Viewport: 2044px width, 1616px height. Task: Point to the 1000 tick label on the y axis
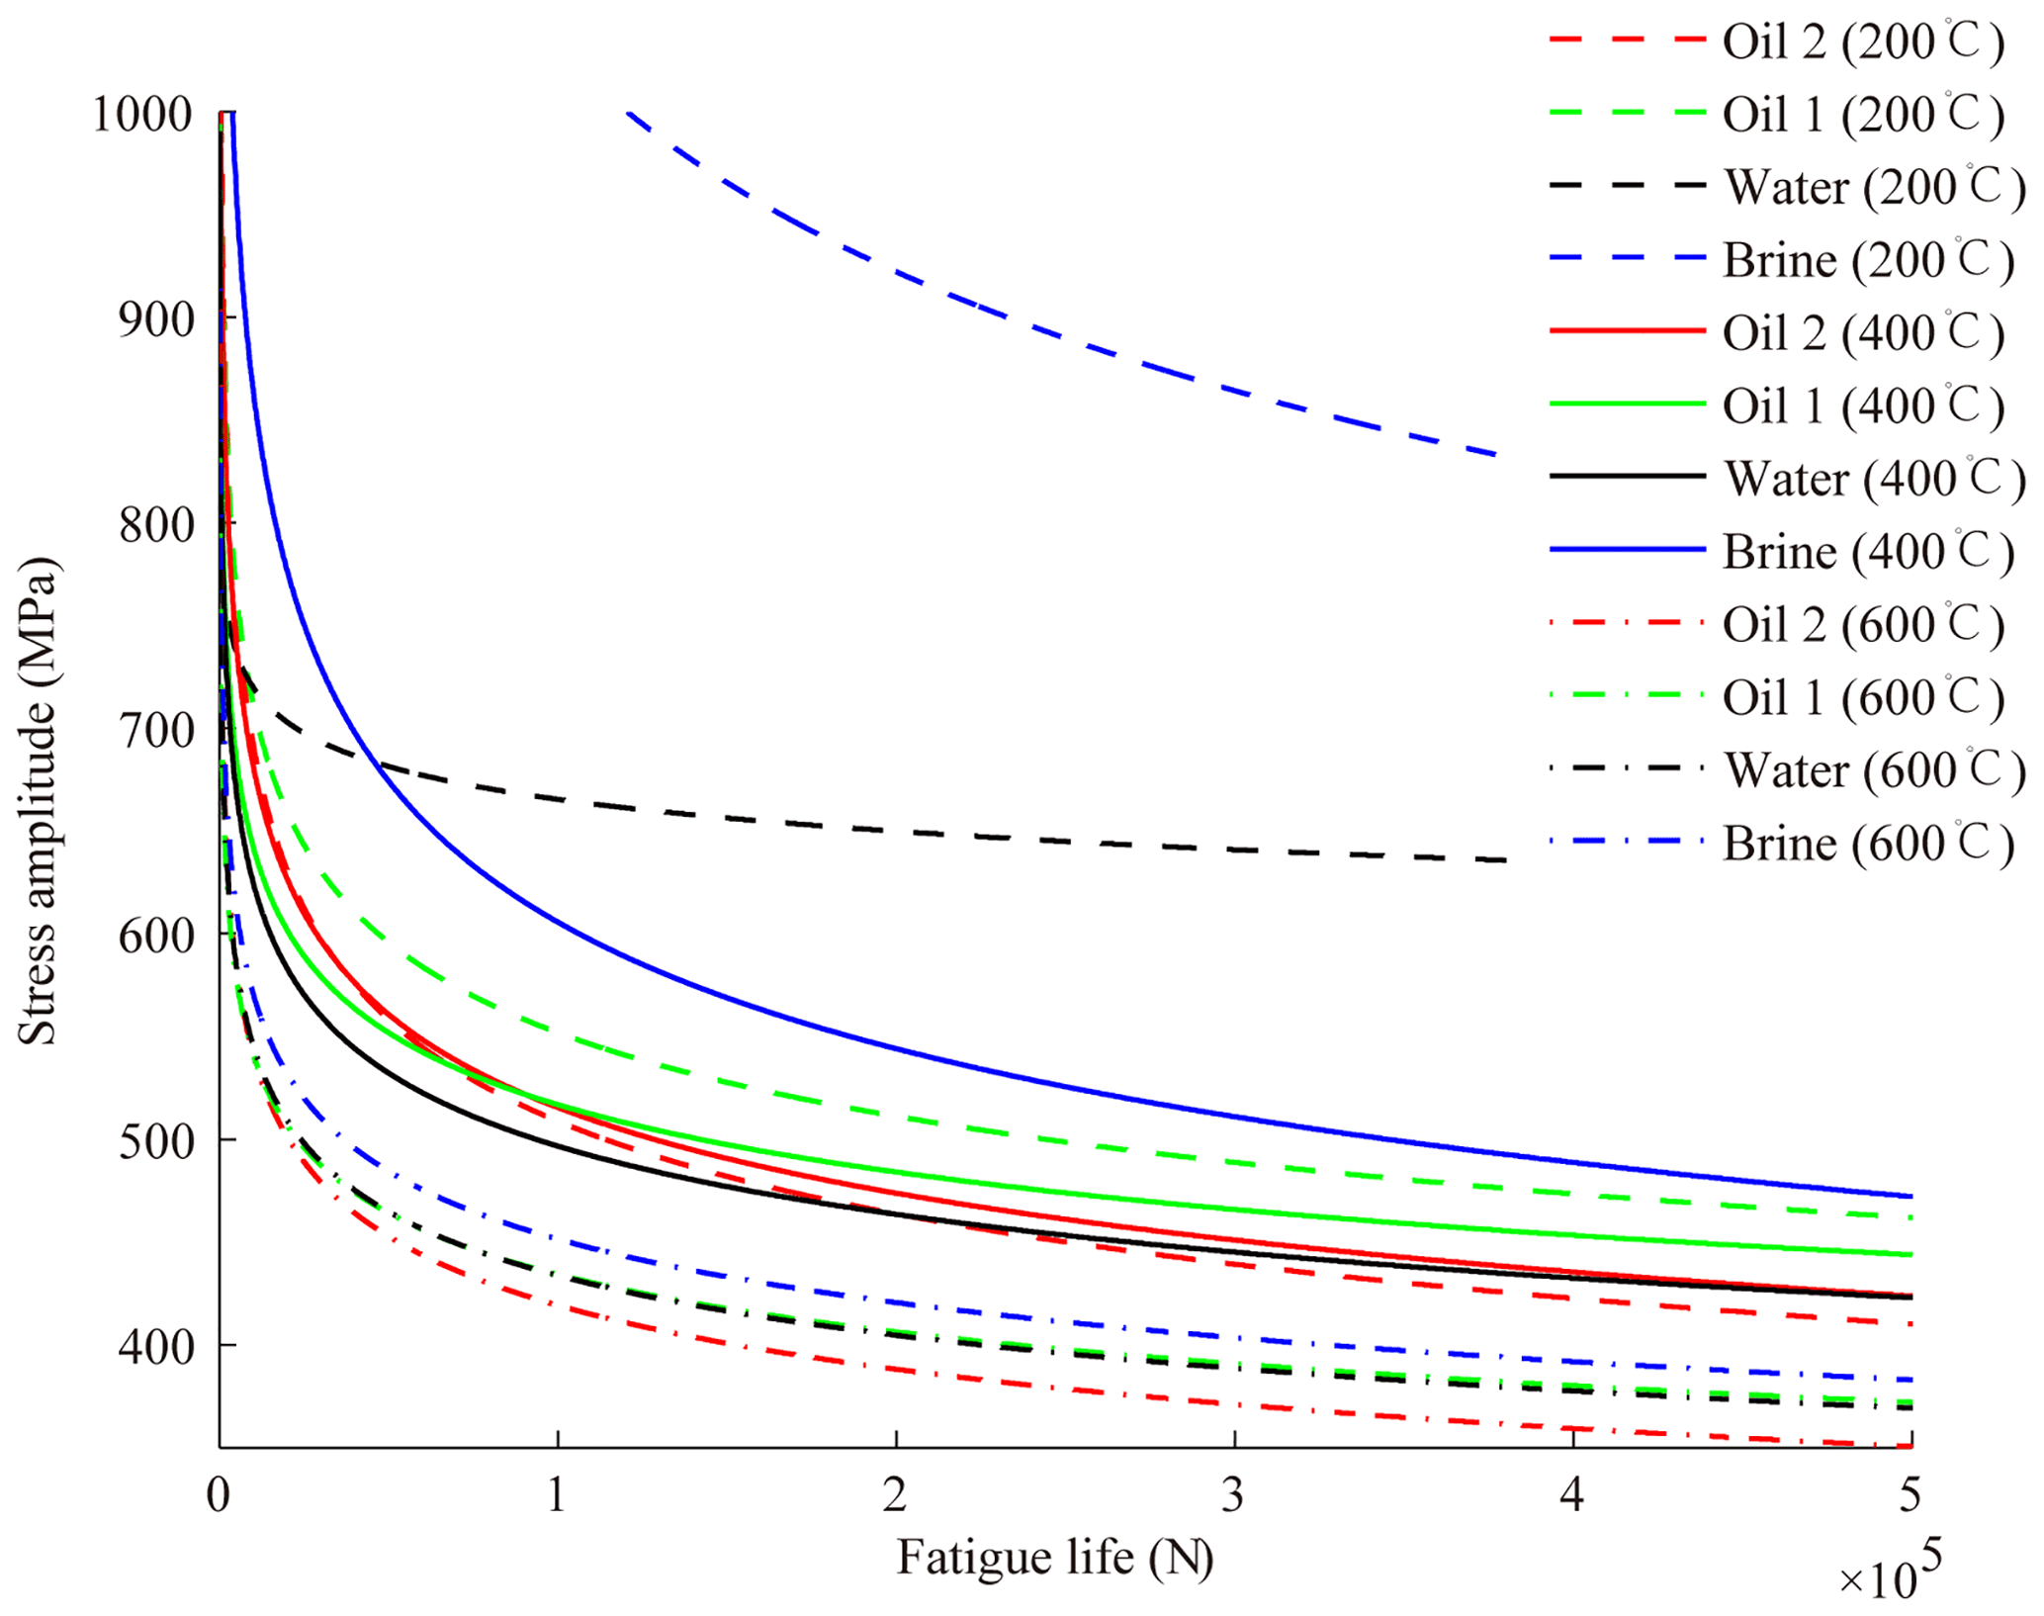pyautogui.click(x=141, y=114)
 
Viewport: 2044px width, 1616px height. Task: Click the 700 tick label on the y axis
pyautogui.click(x=155, y=731)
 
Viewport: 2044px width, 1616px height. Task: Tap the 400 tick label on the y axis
pyautogui.click(x=155, y=1346)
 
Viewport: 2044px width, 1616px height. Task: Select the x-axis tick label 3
pyautogui.click(x=1233, y=1494)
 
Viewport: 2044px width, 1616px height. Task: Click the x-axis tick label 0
pyautogui.click(x=219, y=1494)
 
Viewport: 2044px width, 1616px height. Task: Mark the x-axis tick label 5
pyautogui.click(x=1910, y=1494)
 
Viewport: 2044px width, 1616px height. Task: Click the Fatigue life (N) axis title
pyautogui.click(x=1054, y=1558)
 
